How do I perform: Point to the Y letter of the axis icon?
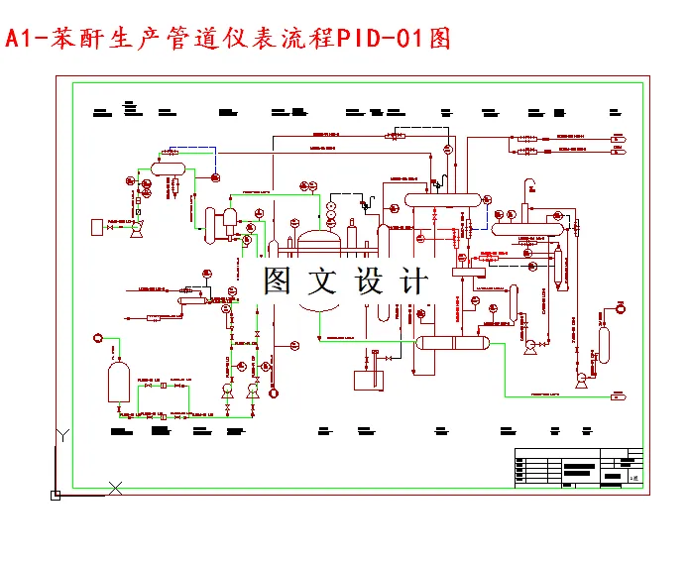(61, 435)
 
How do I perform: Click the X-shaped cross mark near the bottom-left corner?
(115, 487)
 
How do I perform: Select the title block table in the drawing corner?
(578, 469)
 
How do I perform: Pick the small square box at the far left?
(96, 228)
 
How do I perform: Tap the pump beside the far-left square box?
(136, 228)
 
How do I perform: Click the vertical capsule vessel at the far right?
(604, 343)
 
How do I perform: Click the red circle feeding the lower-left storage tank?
(96, 338)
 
